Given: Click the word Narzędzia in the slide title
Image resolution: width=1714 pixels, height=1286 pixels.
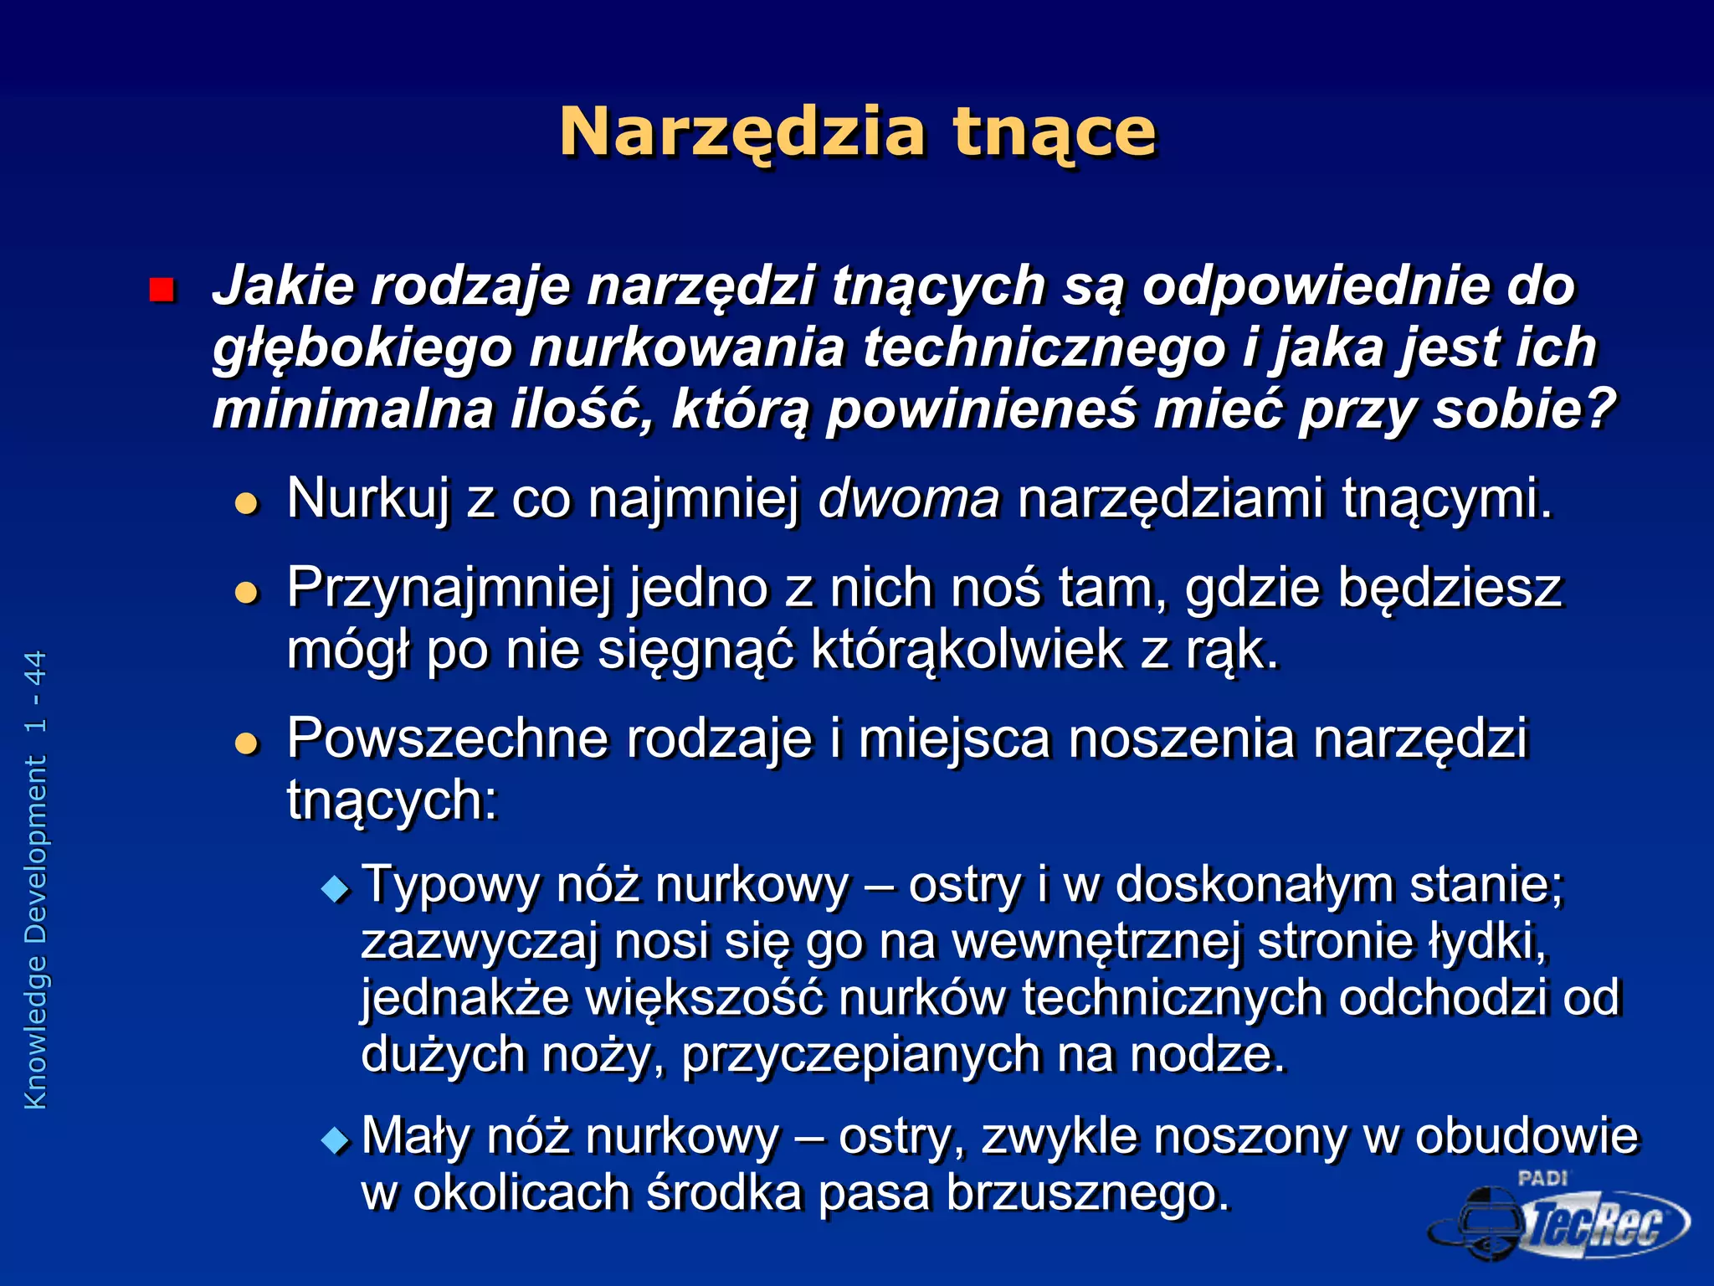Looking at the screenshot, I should (x=742, y=132).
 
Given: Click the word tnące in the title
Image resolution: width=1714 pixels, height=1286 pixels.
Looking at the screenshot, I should (x=1054, y=132).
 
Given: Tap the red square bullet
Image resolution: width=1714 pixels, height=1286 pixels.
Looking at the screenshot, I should (x=161, y=290).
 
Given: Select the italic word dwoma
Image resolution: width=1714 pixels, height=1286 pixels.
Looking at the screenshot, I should (x=909, y=498).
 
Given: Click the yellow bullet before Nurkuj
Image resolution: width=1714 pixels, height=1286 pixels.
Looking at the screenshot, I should (x=246, y=503).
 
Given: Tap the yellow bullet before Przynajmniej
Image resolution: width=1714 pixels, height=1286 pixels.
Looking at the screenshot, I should (x=246, y=593).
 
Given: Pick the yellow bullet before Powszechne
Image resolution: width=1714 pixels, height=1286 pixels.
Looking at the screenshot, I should (x=246, y=743).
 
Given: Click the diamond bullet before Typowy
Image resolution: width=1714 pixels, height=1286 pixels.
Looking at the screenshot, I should (x=336, y=887).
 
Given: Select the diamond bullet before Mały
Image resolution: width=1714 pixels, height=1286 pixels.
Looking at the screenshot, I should (x=336, y=1139).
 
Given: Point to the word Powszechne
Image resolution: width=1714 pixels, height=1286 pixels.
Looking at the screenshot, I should (x=447, y=738).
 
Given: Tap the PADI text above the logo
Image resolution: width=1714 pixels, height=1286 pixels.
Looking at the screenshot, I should (x=1542, y=1178).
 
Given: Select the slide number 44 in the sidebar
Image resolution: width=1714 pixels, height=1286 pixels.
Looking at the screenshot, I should (x=35, y=668).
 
